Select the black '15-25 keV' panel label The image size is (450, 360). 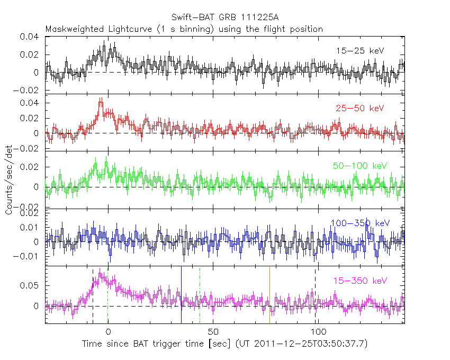[x=359, y=51]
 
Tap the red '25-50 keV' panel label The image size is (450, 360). [x=359, y=109]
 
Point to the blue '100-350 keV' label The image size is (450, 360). [x=360, y=223]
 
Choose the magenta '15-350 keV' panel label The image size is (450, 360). [x=360, y=281]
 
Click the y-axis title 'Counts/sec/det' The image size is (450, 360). [x=10, y=180]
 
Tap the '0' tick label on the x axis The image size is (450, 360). [x=108, y=332]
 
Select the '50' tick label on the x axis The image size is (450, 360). [x=213, y=332]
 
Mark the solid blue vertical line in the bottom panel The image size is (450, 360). [x=181, y=294]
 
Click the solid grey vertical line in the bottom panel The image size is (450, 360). [x=269, y=294]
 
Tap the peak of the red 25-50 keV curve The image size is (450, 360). [x=101, y=99]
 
